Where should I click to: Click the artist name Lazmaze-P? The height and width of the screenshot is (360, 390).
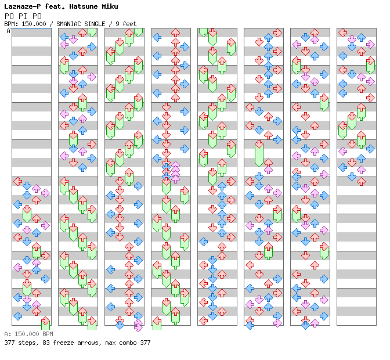(x=23, y=6)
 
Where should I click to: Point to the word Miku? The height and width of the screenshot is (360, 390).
(x=110, y=6)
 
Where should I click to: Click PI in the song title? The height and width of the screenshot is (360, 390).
(x=23, y=16)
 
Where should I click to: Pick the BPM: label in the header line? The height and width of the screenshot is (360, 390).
(x=11, y=24)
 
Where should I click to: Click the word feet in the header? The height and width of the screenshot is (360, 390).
(x=129, y=24)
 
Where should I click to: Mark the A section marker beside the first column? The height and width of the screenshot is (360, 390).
(x=9, y=31)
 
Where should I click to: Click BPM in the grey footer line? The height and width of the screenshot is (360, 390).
(x=48, y=334)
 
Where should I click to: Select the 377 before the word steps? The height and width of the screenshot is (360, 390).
(x=9, y=343)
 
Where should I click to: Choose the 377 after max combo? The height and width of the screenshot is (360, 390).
(x=145, y=343)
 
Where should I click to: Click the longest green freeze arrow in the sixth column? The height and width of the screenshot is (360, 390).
(x=259, y=154)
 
